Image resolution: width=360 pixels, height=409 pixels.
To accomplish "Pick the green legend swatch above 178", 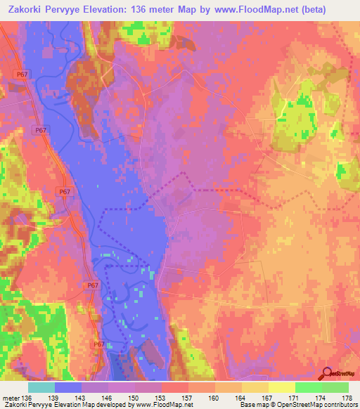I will point(335,387).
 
